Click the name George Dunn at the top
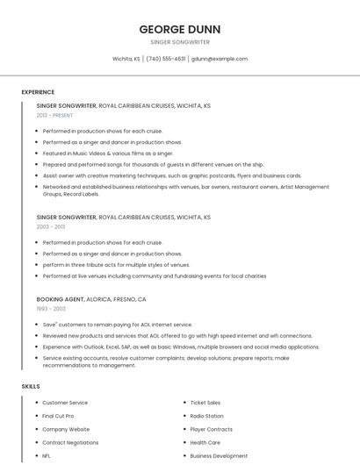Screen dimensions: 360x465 [180, 28]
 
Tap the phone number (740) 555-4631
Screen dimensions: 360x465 [166, 59]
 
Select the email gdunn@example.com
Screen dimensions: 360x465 [220, 59]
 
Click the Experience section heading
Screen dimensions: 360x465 [38, 92]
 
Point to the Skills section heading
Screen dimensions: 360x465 [31, 386]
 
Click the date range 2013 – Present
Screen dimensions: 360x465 [54, 115]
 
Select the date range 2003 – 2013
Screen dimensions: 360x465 [51, 226]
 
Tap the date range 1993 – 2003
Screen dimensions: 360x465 [51, 308]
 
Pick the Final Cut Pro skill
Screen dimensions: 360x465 [58, 416]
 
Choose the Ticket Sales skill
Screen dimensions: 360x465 [205, 403]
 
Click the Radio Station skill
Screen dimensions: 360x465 [206, 416]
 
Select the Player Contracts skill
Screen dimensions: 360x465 [211, 429]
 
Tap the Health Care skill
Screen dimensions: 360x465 [205, 443]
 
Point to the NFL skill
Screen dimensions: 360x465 [47, 456]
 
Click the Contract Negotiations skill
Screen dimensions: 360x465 [70, 443]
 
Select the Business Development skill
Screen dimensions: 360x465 [219, 456]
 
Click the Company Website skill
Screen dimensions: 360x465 [66, 429]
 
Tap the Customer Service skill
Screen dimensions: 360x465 [65, 403]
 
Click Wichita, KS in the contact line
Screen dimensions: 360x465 [126, 59]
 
